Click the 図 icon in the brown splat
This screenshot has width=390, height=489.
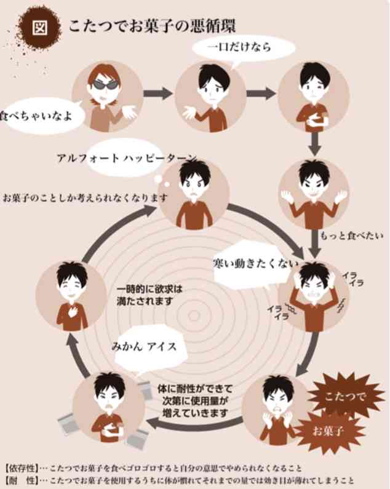[x=40, y=28]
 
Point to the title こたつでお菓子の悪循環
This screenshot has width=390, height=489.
[x=152, y=26]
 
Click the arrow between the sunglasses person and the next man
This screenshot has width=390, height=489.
[x=157, y=93]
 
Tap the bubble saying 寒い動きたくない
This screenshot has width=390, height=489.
[x=253, y=264]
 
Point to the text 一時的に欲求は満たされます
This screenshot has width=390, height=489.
[x=149, y=295]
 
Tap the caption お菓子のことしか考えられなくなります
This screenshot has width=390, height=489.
[x=85, y=197]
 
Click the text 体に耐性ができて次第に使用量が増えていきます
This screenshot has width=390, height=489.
[x=195, y=401]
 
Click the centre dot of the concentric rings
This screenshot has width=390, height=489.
[x=194, y=316]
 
